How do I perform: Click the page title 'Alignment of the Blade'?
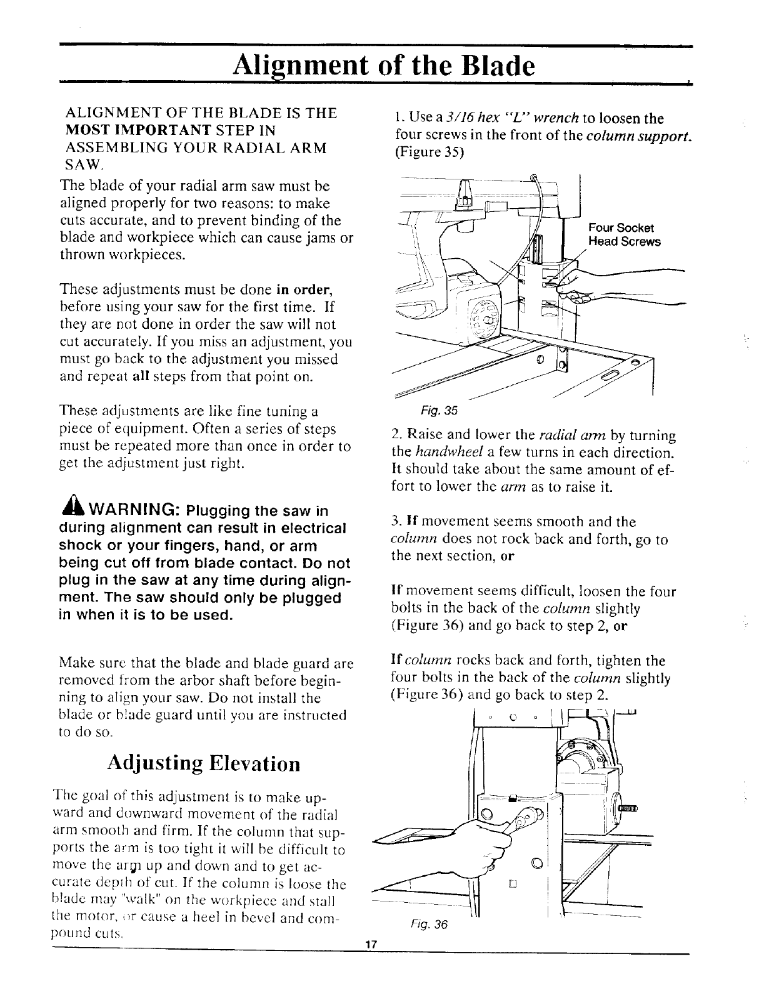pyautogui.click(x=383, y=64)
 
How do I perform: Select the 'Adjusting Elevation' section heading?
pyautogui.click(x=204, y=763)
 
